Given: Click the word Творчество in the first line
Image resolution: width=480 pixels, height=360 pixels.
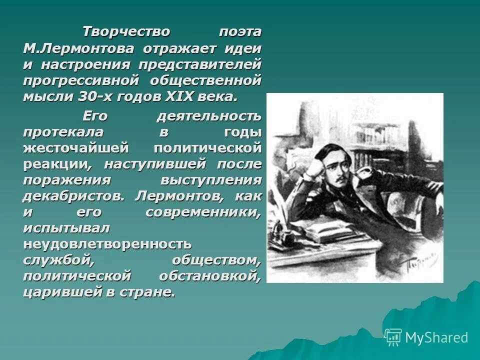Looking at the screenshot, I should (126, 32).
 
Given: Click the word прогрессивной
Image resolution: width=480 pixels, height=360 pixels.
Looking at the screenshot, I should (79, 80).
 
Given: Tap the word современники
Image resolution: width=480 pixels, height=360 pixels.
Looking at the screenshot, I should (203, 211).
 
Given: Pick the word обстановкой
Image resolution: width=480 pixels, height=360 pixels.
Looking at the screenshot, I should (210, 276).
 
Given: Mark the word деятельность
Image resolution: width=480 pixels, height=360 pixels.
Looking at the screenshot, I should (208, 116).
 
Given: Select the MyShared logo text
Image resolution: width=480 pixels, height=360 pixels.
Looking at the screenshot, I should (436, 337).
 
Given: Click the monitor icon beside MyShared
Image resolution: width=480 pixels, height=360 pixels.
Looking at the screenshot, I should (393, 337).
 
